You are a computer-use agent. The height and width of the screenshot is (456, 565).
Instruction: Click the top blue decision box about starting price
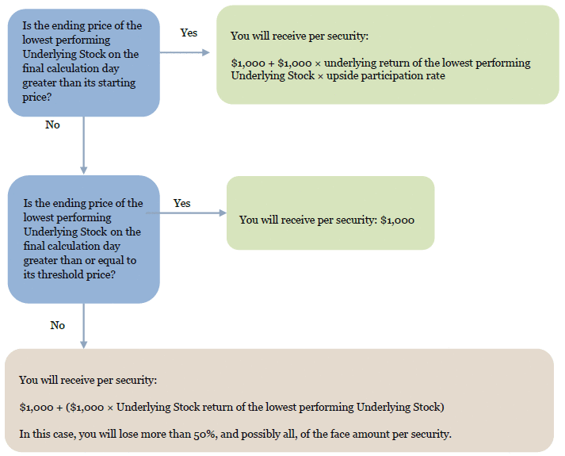tap(83, 62)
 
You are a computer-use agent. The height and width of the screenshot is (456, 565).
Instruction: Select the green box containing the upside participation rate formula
tap(387, 55)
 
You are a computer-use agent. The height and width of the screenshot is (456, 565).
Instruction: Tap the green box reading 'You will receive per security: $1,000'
tap(330, 213)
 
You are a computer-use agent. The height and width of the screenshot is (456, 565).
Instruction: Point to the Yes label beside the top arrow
tap(189, 33)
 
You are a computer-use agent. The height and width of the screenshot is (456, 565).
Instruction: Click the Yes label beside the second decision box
tap(181, 203)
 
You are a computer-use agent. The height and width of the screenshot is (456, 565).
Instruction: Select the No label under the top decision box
tap(52, 125)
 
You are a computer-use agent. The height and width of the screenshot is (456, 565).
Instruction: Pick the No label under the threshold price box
tap(57, 325)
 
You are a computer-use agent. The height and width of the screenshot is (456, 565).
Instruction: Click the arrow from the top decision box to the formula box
tap(186, 53)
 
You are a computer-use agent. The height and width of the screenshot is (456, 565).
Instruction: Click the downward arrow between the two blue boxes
tap(83, 147)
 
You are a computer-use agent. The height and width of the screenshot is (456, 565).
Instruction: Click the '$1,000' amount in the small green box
tap(397, 220)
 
